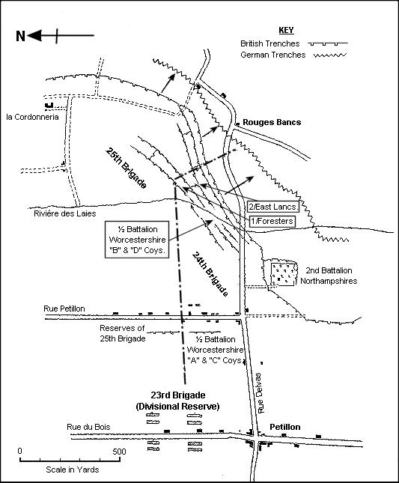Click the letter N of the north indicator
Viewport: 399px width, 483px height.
tap(21, 36)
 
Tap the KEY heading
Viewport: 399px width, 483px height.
tap(286, 30)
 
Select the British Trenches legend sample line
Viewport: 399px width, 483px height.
tap(328, 43)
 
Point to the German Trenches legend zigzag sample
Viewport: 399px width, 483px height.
tap(330, 55)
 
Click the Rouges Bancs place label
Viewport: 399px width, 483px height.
tap(272, 122)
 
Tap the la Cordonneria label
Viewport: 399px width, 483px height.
tap(33, 117)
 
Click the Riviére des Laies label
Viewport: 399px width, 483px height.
tap(65, 213)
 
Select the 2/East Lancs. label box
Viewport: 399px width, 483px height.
tap(272, 207)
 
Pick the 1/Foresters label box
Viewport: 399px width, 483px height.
tap(272, 221)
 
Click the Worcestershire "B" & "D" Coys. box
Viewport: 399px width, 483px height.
tap(137, 240)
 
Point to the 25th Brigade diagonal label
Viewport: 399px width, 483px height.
tap(126, 168)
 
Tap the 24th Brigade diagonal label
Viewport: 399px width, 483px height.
tap(210, 274)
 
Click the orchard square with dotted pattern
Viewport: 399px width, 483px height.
tap(284, 274)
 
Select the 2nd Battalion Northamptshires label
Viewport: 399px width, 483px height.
tap(329, 276)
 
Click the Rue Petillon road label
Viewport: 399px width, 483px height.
tap(64, 309)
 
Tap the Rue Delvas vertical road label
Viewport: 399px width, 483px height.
tap(261, 393)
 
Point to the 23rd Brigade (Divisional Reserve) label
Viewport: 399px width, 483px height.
tap(177, 401)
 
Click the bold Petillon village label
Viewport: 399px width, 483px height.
tap(285, 427)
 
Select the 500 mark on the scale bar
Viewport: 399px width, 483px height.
tap(120, 452)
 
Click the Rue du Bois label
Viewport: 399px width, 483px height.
tap(88, 427)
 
